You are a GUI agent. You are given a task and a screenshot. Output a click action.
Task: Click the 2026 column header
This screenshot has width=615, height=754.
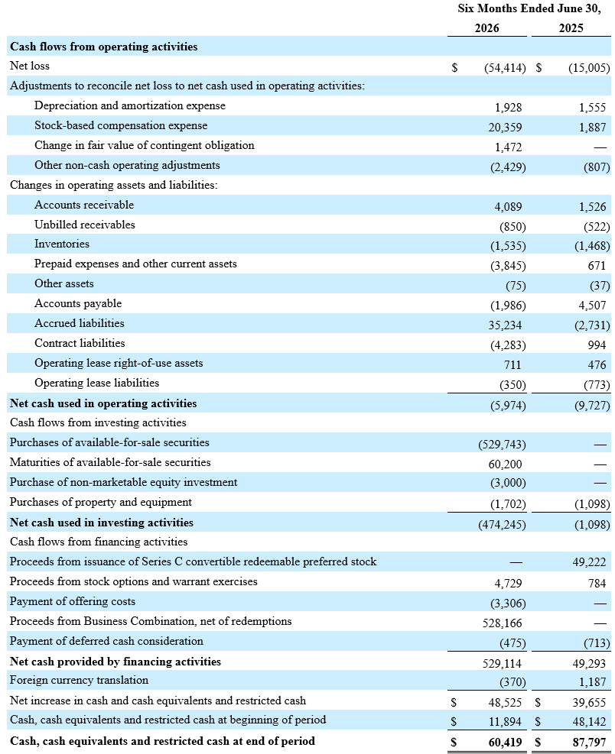(486, 28)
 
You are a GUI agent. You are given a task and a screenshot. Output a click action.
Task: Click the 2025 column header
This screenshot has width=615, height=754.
(571, 28)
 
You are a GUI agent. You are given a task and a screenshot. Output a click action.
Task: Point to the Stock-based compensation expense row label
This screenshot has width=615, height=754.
(121, 125)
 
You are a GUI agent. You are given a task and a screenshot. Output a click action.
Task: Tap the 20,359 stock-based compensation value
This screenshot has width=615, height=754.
(505, 128)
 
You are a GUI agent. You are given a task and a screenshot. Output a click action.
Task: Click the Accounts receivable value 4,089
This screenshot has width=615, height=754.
(508, 207)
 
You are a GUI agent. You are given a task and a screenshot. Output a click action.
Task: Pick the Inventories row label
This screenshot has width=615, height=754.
(62, 244)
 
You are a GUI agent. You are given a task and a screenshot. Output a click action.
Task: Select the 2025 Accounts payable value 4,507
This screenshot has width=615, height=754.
(592, 306)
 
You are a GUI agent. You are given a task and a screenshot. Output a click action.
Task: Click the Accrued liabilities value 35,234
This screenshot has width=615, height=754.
(505, 325)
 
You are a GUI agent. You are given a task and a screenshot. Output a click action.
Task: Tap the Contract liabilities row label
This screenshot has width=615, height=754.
(80, 343)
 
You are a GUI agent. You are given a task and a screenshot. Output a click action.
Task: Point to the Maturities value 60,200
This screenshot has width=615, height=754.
(505, 464)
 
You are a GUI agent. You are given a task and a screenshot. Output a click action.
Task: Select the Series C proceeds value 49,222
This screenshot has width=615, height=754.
(589, 562)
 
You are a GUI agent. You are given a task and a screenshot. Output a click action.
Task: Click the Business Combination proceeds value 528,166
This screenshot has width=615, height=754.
(502, 623)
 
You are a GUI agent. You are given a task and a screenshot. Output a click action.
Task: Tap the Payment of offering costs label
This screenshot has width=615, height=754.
(72, 601)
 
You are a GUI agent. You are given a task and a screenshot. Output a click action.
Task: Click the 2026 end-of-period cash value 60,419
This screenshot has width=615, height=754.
(505, 743)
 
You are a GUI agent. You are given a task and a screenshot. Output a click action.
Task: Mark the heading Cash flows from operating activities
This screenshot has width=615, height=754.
(103, 47)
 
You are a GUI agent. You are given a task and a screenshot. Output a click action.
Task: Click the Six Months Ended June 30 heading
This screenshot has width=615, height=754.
(529, 8)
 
